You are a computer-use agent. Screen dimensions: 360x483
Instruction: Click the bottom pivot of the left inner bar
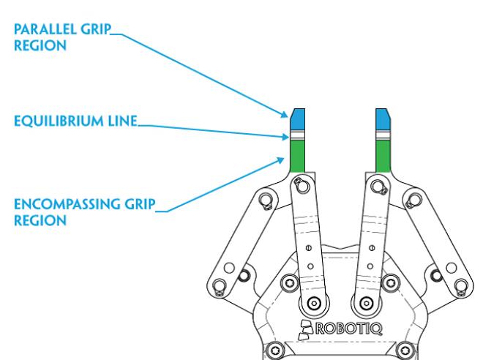coord(314,302)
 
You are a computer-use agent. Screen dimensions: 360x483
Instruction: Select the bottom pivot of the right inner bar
coord(364,302)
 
